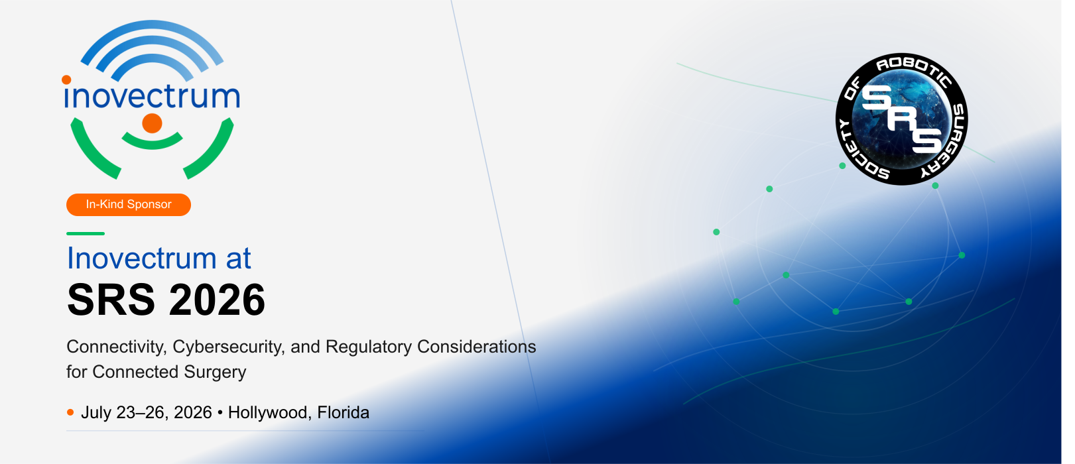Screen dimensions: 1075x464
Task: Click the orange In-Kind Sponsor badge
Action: [x=129, y=204]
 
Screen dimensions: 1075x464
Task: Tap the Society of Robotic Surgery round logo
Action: [x=901, y=119]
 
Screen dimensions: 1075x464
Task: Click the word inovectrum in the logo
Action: [x=152, y=95]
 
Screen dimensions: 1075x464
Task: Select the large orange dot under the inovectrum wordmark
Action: [x=152, y=123]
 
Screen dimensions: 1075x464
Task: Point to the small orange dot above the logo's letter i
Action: [x=67, y=80]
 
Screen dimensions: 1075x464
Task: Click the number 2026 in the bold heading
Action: [x=217, y=300]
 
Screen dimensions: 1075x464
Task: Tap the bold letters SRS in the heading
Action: [x=111, y=300]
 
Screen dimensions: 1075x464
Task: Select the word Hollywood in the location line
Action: [x=269, y=413]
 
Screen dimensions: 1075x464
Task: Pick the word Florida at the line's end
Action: [x=343, y=413]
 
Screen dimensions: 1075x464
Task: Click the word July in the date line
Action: [x=96, y=413]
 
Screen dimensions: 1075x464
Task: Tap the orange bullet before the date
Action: [x=70, y=412]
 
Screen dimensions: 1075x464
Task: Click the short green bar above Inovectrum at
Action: [x=86, y=234]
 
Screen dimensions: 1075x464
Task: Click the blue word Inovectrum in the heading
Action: [x=141, y=258]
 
